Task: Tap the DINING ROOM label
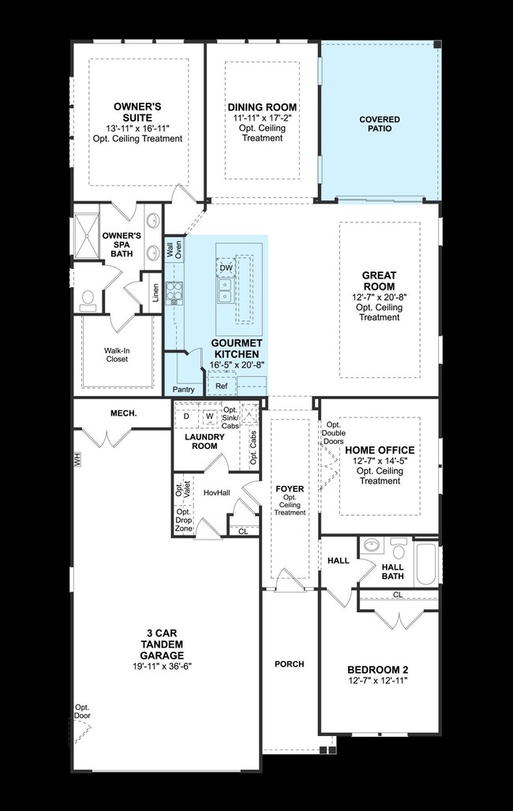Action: click(262, 107)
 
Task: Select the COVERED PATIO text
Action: click(380, 125)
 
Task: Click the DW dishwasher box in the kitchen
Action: click(226, 268)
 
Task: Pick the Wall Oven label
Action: click(174, 252)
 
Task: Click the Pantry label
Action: click(184, 390)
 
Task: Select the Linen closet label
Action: click(155, 293)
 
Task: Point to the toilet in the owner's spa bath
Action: click(88, 298)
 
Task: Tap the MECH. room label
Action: click(124, 413)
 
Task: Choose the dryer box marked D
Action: click(186, 416)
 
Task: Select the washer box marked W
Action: click(210, 416)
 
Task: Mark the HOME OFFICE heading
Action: click(380, 450)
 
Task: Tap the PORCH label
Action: click(290, 664)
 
